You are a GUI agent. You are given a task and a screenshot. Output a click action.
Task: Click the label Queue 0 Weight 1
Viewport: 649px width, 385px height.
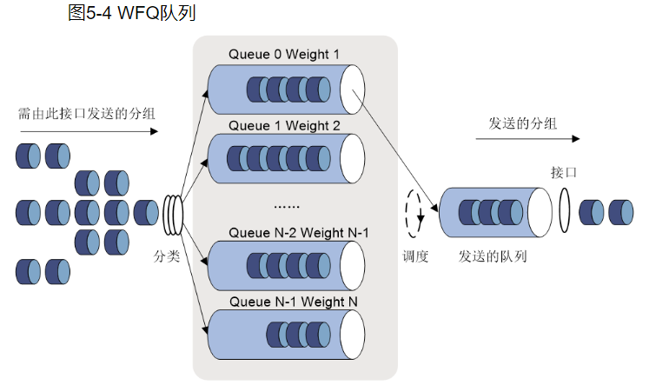click(x=284, y=54)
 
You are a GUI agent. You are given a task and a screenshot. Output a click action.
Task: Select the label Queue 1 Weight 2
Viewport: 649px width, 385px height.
click(x=284, y=125)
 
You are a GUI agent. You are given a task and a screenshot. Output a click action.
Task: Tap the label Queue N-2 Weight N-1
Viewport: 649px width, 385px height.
click(x=298, y=232)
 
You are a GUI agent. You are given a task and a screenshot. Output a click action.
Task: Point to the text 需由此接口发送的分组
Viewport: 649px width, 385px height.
click(x=87, y=113)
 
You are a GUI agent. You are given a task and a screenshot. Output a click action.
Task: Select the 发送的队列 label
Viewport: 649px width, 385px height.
click(x=493, y=256)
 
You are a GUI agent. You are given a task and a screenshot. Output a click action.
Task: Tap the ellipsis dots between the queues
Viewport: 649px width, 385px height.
click(x=286, y=206)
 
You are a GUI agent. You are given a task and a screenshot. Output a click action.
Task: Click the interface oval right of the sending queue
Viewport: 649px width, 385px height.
click(x=565, y=211)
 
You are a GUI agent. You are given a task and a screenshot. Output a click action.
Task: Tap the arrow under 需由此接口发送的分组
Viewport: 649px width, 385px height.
click(x=87, y=131)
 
